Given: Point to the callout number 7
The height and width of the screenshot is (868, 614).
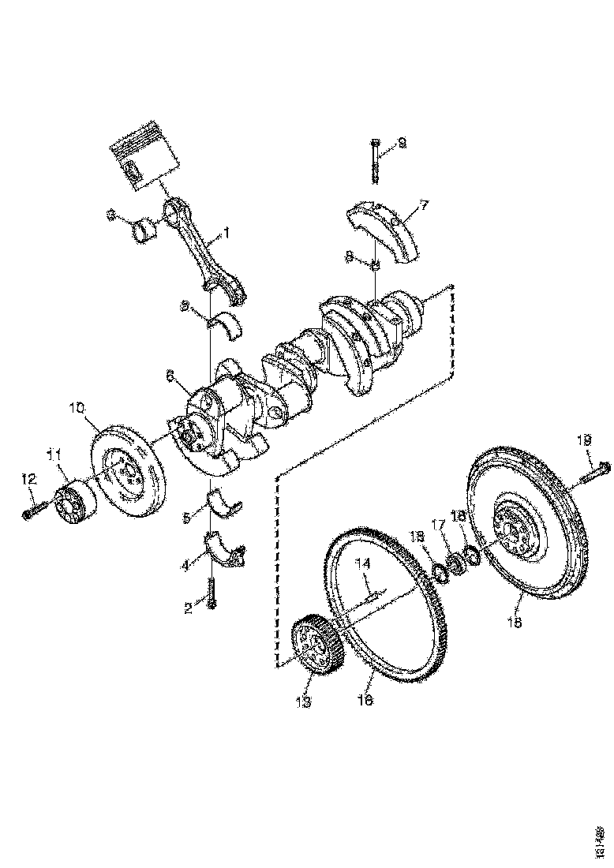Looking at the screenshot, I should point(424,205).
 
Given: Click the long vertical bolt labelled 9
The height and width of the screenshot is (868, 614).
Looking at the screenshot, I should point(374,162).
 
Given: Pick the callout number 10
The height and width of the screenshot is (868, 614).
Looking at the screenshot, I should point(76,408).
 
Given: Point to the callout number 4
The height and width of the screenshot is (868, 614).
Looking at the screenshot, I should point(186,565).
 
